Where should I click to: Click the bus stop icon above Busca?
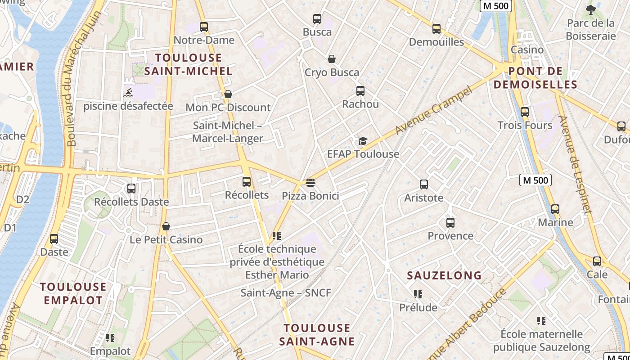click(x=317, y=19)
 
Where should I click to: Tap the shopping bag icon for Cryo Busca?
click(x=332, y=59)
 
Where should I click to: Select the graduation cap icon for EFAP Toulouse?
click(x=363, y=141)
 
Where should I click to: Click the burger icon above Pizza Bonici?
click(x=310, y=183)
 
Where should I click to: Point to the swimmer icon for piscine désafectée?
click(x=128, y=93)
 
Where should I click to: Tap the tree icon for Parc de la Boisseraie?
click(x=591, y=9)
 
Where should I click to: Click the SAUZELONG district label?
click(x=444, y=275)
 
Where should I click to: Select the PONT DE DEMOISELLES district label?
click(x=535, y=78)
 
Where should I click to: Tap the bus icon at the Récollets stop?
click(x=247, y=182)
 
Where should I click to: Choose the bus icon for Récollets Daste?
click(x=131, y=189)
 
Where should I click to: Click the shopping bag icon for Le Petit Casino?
click(x=166, y=226)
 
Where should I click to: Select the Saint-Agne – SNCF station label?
click(x=286, y=293)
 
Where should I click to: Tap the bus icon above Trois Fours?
click(x=525, y=112)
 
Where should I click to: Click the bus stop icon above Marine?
click(x=555, y=209)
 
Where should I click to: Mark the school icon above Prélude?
click(x=418, y=294)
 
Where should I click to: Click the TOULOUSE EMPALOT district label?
click(x=73, y=293)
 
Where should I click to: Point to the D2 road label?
click(x=22, y=199)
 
